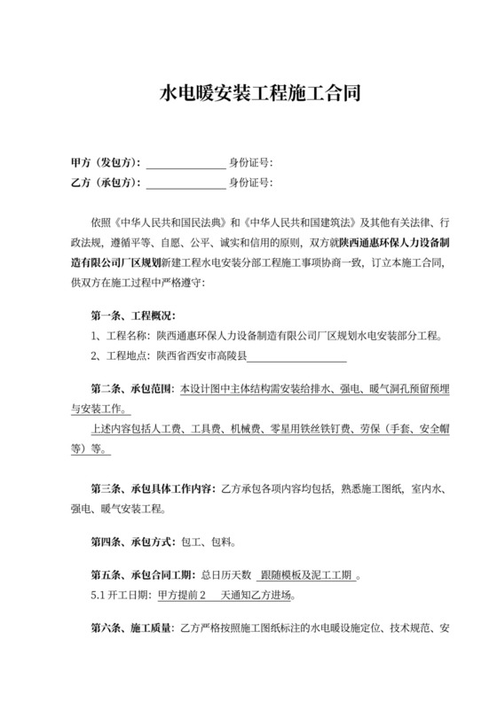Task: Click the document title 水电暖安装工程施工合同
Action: pyautogui.click(x=248, y=93)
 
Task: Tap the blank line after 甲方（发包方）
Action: pyautogui.click(x=185, y=163)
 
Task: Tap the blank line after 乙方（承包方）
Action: pyautogui.click(x=185, y=183)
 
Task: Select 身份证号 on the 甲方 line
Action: pyautogui.click(x=249, y=162)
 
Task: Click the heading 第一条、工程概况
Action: pyautogui.click(x=133, y=316)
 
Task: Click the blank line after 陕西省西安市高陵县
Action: pyautogui.click(x=296, y=357)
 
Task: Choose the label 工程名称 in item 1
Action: pyautogui.click(x=126, y=336)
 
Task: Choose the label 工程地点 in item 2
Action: pyautogui.click(x=126, y=356)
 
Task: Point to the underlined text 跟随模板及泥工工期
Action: pyautogui.click(x=307, y=575)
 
